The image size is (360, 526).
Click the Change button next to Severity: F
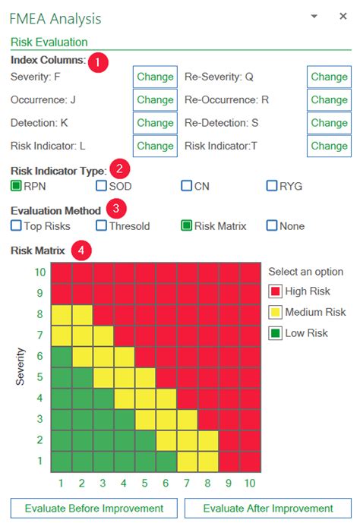156,77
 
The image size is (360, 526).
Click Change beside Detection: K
156,123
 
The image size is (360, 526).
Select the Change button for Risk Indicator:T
329,146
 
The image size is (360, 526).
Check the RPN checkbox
16,185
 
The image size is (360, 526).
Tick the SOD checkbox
101,185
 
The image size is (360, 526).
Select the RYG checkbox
272,185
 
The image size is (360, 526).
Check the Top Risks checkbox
16,225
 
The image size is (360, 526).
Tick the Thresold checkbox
101,225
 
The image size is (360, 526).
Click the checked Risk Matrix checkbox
186,225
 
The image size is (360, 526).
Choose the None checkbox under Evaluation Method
272,225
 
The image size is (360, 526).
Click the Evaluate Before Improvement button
94,508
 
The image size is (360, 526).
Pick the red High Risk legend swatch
275,291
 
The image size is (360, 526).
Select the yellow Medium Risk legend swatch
275,312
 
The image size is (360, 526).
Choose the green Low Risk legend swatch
275,332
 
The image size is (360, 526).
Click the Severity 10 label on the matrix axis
40,272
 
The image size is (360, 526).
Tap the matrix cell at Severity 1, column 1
62,461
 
